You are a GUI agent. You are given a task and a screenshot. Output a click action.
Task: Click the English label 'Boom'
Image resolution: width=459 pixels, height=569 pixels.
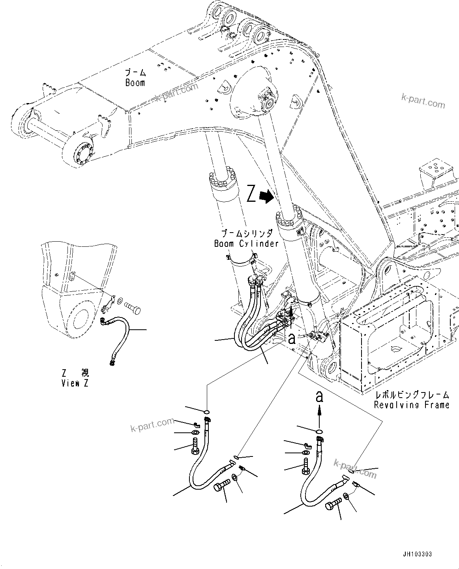[x=135, y=83]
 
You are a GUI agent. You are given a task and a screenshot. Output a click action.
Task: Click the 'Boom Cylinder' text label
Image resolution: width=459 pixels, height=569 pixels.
[x=246, y=244]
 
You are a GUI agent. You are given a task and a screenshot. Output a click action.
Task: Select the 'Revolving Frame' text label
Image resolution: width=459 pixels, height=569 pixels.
[x=411, y=405]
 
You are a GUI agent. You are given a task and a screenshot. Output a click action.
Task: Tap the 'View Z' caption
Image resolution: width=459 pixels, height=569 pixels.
[x=75, y=383]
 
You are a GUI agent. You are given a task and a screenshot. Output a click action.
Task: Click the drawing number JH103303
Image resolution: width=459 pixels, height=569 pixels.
[x=418, y=554]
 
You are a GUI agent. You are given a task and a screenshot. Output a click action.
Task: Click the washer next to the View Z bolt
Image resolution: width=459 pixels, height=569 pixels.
[x=120, y=302]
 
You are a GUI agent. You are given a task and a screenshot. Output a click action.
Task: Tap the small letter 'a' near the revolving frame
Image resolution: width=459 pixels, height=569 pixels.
[x=292, y=338]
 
